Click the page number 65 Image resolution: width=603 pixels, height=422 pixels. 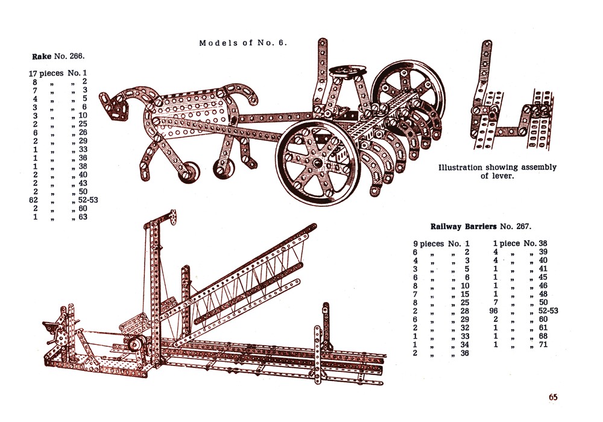553,397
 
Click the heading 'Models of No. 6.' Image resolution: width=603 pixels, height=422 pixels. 243,43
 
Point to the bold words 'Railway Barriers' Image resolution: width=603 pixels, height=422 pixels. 463,227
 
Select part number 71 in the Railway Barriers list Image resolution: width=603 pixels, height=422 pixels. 543,345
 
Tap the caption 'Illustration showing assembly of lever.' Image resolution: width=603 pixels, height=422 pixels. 497,171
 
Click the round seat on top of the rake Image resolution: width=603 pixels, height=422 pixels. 344,73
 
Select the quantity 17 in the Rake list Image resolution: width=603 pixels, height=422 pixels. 34,73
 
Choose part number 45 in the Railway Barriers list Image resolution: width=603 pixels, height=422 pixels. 543,277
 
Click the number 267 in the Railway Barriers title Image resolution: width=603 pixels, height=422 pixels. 522,227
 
